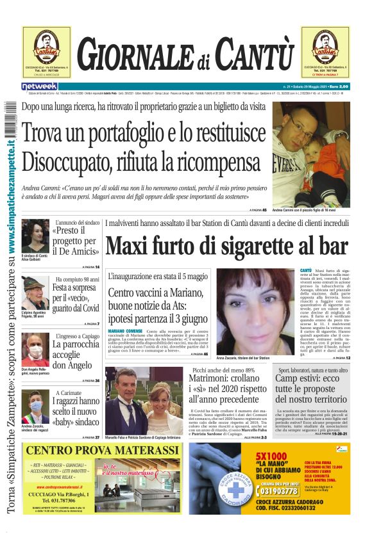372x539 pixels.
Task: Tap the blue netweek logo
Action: coord(40,86)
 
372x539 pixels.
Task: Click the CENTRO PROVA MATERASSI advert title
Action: coord(102,451)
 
